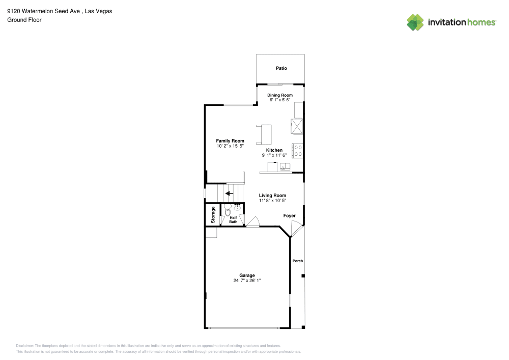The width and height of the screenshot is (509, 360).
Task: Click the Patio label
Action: [281, 68]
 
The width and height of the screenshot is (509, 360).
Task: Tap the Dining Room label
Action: [280, 95]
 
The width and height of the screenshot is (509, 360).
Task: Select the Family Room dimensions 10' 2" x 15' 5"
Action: [230, 146]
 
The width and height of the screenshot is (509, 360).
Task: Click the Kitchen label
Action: [274, 150]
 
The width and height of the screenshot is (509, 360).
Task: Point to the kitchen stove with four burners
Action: [297, 150]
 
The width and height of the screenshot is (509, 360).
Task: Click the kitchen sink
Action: [285, 166]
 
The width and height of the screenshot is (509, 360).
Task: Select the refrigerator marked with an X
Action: [297, 125]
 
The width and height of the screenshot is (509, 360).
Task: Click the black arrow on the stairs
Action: [230, 193]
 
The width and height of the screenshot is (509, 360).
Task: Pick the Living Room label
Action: [272, 196]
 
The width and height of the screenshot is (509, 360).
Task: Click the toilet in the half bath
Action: [228, 210]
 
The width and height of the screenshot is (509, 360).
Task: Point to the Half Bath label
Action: [233, 219]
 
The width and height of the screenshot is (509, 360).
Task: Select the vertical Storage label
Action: [213, 214]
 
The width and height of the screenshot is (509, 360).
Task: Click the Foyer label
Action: [290, 216]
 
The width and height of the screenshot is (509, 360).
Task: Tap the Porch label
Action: [298, 261]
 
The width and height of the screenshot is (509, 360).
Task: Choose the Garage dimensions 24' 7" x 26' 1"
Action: [247, 281]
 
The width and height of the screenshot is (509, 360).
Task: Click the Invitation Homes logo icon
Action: [415, 22]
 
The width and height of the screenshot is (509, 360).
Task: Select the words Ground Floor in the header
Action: [24, 20]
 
